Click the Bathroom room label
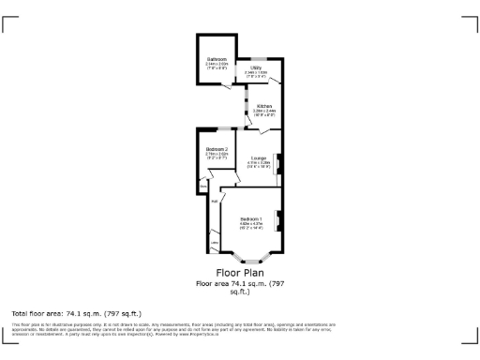point(216,59)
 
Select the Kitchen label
point(264,106)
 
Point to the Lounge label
point(258,157)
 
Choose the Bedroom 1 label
point(250,219)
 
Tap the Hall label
point(214,201)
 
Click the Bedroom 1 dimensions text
point(250,226)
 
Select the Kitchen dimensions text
point(264,112)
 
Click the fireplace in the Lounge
point(278,159)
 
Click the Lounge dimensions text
point(258,164)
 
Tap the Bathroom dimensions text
point(216,66)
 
